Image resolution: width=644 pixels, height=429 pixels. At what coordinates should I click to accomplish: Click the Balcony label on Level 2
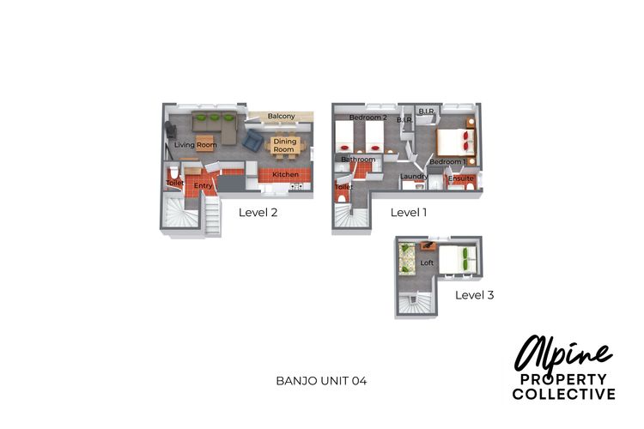coord(281,116)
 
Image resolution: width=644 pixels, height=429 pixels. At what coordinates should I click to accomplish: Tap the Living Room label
coord(195,145)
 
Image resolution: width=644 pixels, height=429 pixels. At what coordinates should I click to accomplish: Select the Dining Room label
coord(284,145)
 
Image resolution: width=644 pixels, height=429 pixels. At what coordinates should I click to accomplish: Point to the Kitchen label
coord(285,175)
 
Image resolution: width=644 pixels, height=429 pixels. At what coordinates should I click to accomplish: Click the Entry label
coord(203,185)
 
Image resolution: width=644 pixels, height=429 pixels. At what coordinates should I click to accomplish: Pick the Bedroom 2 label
coord(368,118)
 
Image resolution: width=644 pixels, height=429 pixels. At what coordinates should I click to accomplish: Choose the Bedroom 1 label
coord(447,161)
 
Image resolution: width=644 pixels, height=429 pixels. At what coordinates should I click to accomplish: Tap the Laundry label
coord(414,177)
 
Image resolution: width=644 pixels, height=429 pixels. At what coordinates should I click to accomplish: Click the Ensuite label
coord(461,178)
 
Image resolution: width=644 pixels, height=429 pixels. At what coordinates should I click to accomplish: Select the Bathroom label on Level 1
coord(358,160)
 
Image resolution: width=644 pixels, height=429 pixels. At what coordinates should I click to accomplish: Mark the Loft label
coord(427,263)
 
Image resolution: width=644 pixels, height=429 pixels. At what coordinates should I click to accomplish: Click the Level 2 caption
coord(258,212)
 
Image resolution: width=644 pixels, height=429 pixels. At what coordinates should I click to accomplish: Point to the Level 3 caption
coord(474,294)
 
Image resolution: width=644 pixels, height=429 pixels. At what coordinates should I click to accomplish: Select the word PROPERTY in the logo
coord(562,380)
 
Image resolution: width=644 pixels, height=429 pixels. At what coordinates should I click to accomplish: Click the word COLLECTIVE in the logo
coord(563,395)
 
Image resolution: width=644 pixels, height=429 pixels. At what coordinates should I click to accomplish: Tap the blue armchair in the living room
coord(254,140)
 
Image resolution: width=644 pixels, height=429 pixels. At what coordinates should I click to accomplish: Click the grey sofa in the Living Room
coord(215,127)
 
